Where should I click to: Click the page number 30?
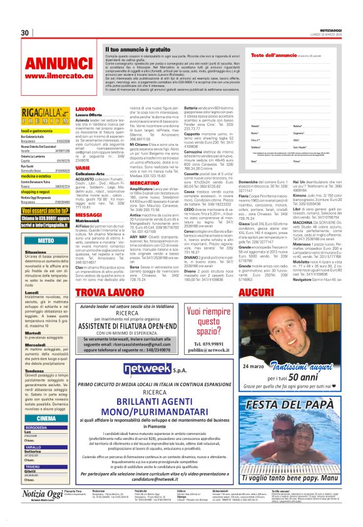25,33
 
